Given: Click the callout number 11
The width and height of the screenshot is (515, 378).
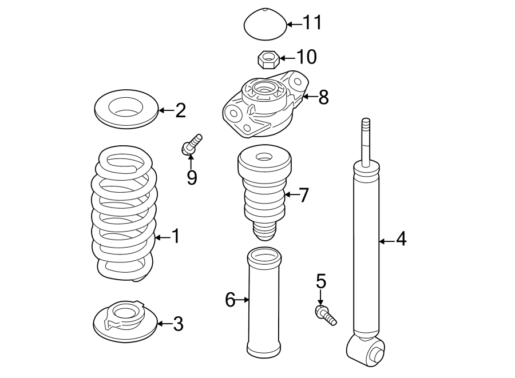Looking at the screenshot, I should (x=312, y=23).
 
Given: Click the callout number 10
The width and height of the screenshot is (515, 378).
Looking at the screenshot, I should (x=306, y=57).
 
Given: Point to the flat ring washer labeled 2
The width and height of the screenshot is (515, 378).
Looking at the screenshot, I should (x=125, y=109).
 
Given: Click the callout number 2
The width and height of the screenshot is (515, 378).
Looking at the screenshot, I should (x=180, y=110).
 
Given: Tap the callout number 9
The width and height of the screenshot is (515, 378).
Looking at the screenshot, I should (x=192, y=178).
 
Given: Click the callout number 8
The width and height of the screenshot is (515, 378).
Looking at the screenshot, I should (x=323, y=97).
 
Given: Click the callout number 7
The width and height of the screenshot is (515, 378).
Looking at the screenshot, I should (x=303, y=196).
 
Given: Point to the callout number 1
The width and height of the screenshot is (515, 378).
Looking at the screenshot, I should (x=175, y=236).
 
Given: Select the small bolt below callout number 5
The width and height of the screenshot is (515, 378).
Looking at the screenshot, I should (x=324, y=314).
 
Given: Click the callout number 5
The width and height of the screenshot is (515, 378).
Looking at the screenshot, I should (x=320, y=281).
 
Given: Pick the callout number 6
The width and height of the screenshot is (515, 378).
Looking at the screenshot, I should (x=230, y=299).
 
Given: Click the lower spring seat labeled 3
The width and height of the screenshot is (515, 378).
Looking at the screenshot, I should (x=124, y=322).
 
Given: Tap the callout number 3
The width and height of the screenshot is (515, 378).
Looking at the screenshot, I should (x=178, y=324).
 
